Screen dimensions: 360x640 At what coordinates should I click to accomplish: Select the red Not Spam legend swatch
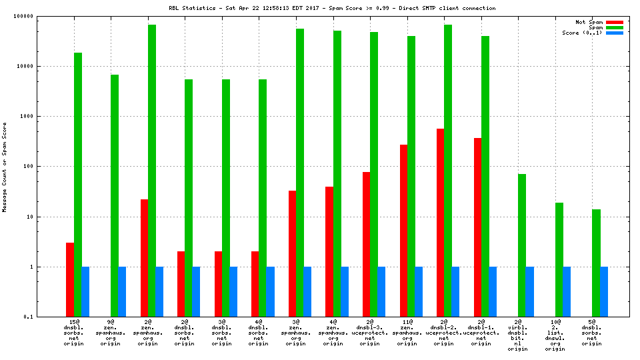point(614,22)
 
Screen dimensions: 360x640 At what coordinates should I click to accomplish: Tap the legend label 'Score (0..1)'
point(582,33)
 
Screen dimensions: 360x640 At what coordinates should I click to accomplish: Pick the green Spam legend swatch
point(614,27)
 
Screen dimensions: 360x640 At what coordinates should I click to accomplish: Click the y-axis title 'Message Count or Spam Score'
point(5,167)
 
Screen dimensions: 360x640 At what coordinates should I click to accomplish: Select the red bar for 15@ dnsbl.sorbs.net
point(70,279)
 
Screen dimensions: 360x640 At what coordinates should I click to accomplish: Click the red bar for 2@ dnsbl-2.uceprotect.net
point(440,223)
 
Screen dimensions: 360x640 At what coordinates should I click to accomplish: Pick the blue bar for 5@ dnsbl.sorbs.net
point(603,291)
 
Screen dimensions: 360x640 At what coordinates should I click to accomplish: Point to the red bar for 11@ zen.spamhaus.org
point(403,230)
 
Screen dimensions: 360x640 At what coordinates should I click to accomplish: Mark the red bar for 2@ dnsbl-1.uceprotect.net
point(477,227)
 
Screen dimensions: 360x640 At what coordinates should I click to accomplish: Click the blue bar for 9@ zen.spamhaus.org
point(122,291)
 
